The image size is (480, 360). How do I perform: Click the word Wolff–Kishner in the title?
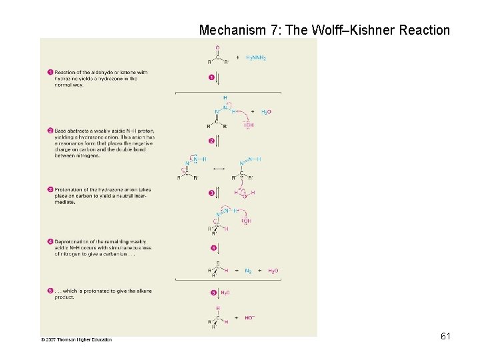pyautogui.click(x=364, y=30)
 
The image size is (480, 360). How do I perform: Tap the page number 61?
pyautogui.click(x=445, y=336)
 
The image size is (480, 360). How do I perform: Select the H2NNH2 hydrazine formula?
pyautogui.click(x=256, y=58)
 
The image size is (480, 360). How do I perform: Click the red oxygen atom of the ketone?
pyautogui.click(x=217, y=48)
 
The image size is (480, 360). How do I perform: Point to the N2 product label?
pyautogui.click(x=249, y=271)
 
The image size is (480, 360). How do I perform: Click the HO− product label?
pyautogui.click(x=249, y=318)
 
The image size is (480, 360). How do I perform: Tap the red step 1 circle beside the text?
pyautogui.click(x=50, y=73)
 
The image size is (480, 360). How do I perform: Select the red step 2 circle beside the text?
pyautogui.click(x=50, y=131)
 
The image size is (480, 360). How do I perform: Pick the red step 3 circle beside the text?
pyautogui.click(x=50, y=189)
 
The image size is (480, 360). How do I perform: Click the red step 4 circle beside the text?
pyautogui.click(x=50, y=241)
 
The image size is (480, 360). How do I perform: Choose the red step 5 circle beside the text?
pyautogui.click(x=50, y=291)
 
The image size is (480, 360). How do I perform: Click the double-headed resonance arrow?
pyautogui.click(x=217, y=169)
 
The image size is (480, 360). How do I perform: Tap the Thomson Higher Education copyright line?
pyautogui.click(x=77, y=340)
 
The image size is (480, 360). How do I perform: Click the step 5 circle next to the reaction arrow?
pyautogui.click(x=213, y=293)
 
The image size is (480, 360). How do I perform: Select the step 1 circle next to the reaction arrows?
pyautogui.click(x=211, y=78)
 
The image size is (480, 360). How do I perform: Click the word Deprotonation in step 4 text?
pyautogui.click(x=71, y=241)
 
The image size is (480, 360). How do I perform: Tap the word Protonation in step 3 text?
pyautogui.click(x=68, y=189)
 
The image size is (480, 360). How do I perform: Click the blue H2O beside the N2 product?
pyautogui.click(x=273, y=271)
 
